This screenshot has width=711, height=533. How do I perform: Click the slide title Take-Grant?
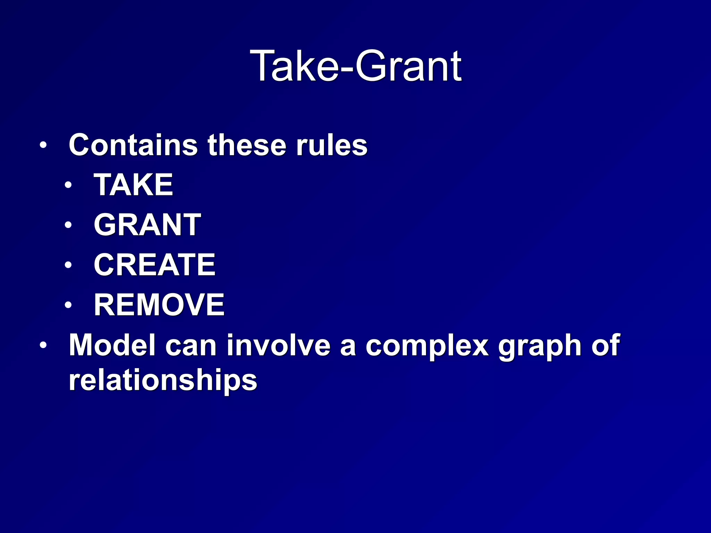355,66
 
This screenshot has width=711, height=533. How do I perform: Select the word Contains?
133,145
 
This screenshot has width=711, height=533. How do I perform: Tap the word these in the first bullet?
247,145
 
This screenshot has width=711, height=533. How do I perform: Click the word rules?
332,145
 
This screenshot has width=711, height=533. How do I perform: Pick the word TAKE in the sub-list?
133,185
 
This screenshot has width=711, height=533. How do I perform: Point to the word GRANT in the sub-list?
147,225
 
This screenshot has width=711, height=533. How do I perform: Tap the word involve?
278,345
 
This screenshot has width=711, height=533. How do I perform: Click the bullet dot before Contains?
43,145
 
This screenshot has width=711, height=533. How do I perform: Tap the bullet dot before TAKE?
68,185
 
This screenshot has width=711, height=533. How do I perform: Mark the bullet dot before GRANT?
68,225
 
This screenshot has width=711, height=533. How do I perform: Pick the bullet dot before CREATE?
68,265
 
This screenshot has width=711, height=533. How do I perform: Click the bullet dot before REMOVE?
68,305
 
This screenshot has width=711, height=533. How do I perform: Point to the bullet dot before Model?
43,346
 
